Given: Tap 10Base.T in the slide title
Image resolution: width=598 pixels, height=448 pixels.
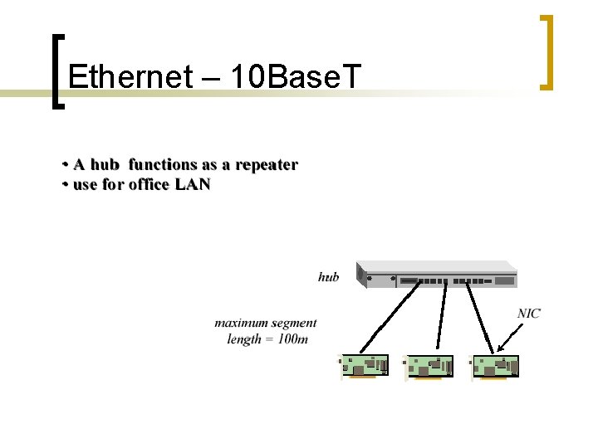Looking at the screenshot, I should (296, 76).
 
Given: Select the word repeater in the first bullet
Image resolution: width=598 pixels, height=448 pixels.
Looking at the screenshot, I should (266, 164).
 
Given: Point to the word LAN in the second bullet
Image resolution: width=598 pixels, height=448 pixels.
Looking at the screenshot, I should (193, 184).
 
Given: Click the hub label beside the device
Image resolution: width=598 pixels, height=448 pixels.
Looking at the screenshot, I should (328, 277).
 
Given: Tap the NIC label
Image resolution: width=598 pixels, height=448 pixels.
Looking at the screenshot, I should (529, 313).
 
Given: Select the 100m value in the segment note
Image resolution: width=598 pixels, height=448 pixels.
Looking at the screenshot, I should (292, 338).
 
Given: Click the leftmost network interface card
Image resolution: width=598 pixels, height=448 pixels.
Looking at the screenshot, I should (365, 368).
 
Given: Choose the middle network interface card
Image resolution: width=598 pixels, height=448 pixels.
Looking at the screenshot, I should (429, 368).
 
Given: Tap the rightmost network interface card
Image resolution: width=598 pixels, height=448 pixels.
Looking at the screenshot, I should (495, 368).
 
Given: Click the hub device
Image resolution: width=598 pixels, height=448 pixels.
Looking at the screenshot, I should (437, 275).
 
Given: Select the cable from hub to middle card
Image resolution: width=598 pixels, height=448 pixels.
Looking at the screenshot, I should (443, 319).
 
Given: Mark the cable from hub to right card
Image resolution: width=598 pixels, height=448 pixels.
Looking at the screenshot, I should (480, 319).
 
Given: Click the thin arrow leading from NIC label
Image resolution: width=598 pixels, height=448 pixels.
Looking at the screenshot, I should (511, 335).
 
